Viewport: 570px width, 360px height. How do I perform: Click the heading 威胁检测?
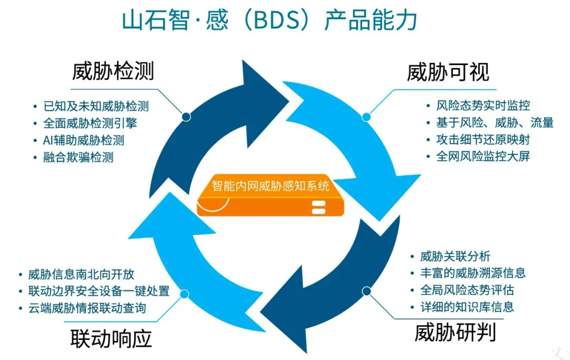click(x=113, y=71)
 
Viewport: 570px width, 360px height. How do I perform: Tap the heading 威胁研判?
click(x=454, y=333)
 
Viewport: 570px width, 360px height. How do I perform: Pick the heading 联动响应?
click(x=111, y=338)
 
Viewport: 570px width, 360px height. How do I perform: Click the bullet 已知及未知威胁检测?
click(x=96, y=106)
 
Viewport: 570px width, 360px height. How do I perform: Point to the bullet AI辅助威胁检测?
click(x=84, y=140)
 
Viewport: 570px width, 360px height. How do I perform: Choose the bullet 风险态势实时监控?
click(x=483, y=106)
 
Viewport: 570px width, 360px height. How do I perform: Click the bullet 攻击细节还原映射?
click(x=483, y=139)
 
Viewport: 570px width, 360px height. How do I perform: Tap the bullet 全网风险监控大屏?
click(x=483, y=156)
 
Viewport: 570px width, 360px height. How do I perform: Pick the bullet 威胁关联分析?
click(x=455, y=257)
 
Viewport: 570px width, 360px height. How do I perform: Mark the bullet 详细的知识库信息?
click(x=467, y=307)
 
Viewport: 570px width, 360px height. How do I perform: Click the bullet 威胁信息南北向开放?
click(x=82, y=274)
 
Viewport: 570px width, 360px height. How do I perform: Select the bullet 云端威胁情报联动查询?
click(x=88, y=308)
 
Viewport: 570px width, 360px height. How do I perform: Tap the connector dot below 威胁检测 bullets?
click(x=186, y=117)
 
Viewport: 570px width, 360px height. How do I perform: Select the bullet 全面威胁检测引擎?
click(x=90, y=123)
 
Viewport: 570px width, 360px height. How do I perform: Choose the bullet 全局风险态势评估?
click(x=467, y=290)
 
